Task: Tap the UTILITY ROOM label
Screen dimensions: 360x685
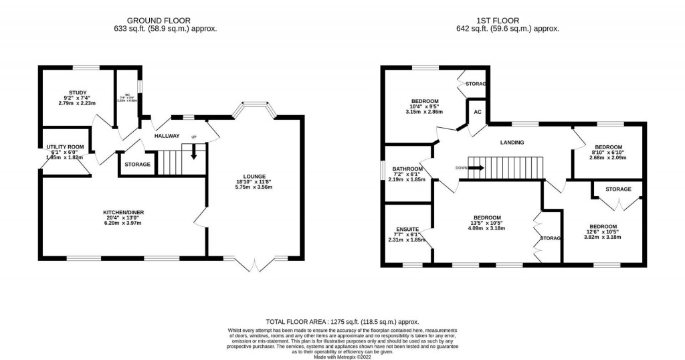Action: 65,147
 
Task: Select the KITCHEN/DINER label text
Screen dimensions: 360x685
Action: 123,212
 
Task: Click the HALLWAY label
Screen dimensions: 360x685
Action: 167,136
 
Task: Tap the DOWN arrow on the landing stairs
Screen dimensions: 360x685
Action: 476,168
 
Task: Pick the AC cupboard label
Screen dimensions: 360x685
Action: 478,112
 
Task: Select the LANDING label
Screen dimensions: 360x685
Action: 512,142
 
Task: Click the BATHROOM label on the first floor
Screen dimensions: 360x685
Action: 407,169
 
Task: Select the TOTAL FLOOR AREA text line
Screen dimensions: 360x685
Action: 342,322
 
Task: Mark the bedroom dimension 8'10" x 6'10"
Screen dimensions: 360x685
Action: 609,152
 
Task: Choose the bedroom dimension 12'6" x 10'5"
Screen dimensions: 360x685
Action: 602,232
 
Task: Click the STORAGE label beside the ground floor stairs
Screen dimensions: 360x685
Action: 138,164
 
